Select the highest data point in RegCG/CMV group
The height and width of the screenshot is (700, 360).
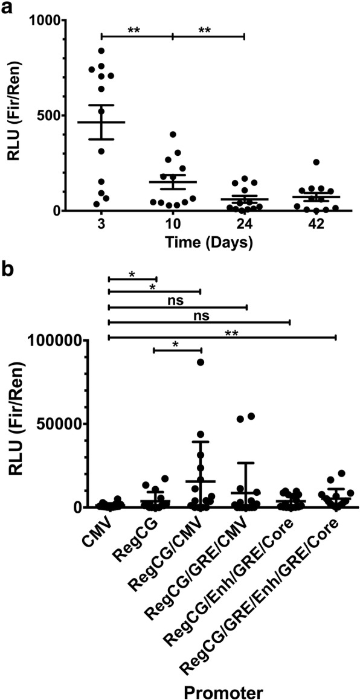(x=201, y=362)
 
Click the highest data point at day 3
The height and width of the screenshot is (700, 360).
(x=101, y=51)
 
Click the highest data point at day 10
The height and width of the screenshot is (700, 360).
(x=173, y=135)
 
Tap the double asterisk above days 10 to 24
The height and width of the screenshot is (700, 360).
(x=208, y=30)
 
